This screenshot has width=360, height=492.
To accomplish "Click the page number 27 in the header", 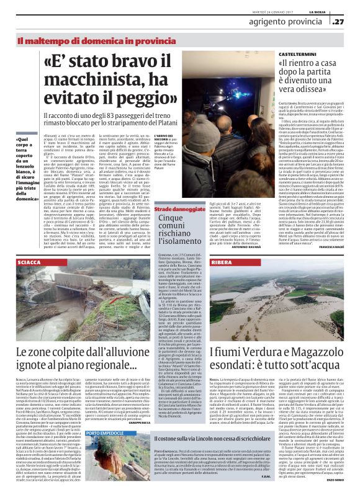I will click(340, 22).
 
